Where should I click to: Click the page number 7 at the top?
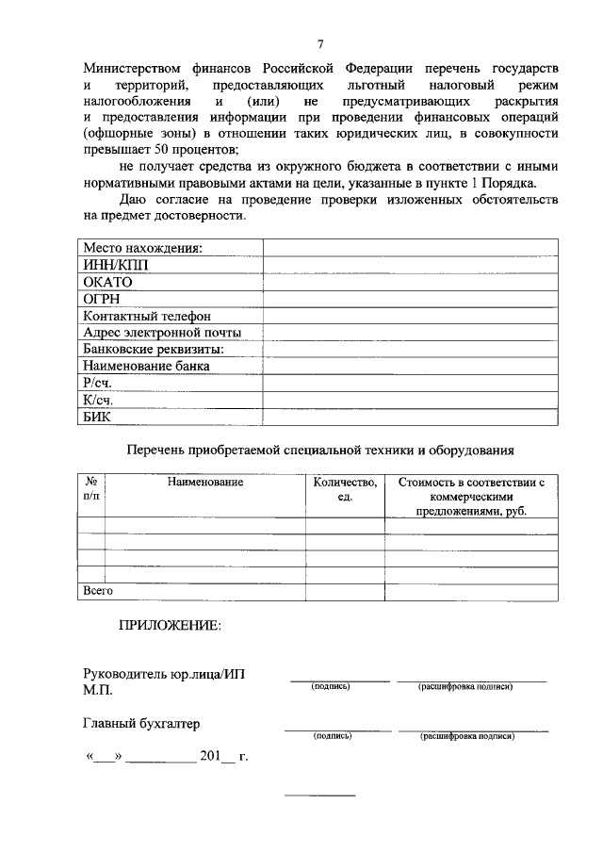click(320, 44)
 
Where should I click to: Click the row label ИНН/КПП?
click(115, 265)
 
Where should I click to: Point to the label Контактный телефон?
click(147, 316)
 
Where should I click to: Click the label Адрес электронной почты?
click(162, 333)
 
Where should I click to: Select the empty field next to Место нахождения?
click(410, 248)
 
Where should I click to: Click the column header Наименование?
click(205, 482)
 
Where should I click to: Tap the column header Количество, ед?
click(345, 489)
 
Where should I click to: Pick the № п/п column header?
click(91, 488)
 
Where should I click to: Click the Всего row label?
click(98, 591)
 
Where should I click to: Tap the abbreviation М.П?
click(97, 691)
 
